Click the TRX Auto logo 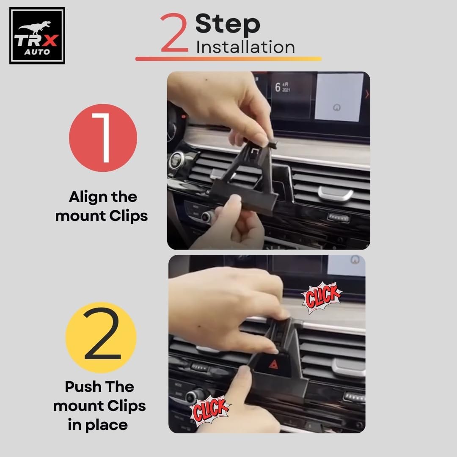[x=37, y=36]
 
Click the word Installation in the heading [x=245, y=47]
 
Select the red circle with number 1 [x=103, y=138]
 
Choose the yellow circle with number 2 [x=101, y=338]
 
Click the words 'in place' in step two [x=98, y=425]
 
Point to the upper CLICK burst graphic [x=322, y=297]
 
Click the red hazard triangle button [x=273, y=364]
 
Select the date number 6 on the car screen [x=278, y=87]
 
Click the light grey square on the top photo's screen [x=339, y=97]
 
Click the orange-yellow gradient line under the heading [x=228, y=58]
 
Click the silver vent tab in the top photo [x=336, y=193]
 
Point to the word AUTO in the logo [x=37, y=52]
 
